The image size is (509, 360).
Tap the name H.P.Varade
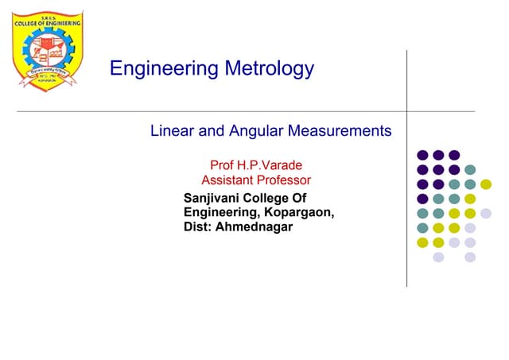pyautogui.click(x=270, y=166)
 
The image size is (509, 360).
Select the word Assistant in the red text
pyautogui.click(x=227, y=181)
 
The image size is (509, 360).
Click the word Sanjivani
pyautogui.click(x=213, y=198)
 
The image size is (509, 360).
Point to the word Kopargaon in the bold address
pyautogui.click(x=299, y=213)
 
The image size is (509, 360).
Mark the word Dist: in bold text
pyautogui.click(x=199, y=228)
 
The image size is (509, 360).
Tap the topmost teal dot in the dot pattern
pyautogui.click(x=470, y=170)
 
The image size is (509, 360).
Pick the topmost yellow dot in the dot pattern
pyautogui.click(x=486, y=184)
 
